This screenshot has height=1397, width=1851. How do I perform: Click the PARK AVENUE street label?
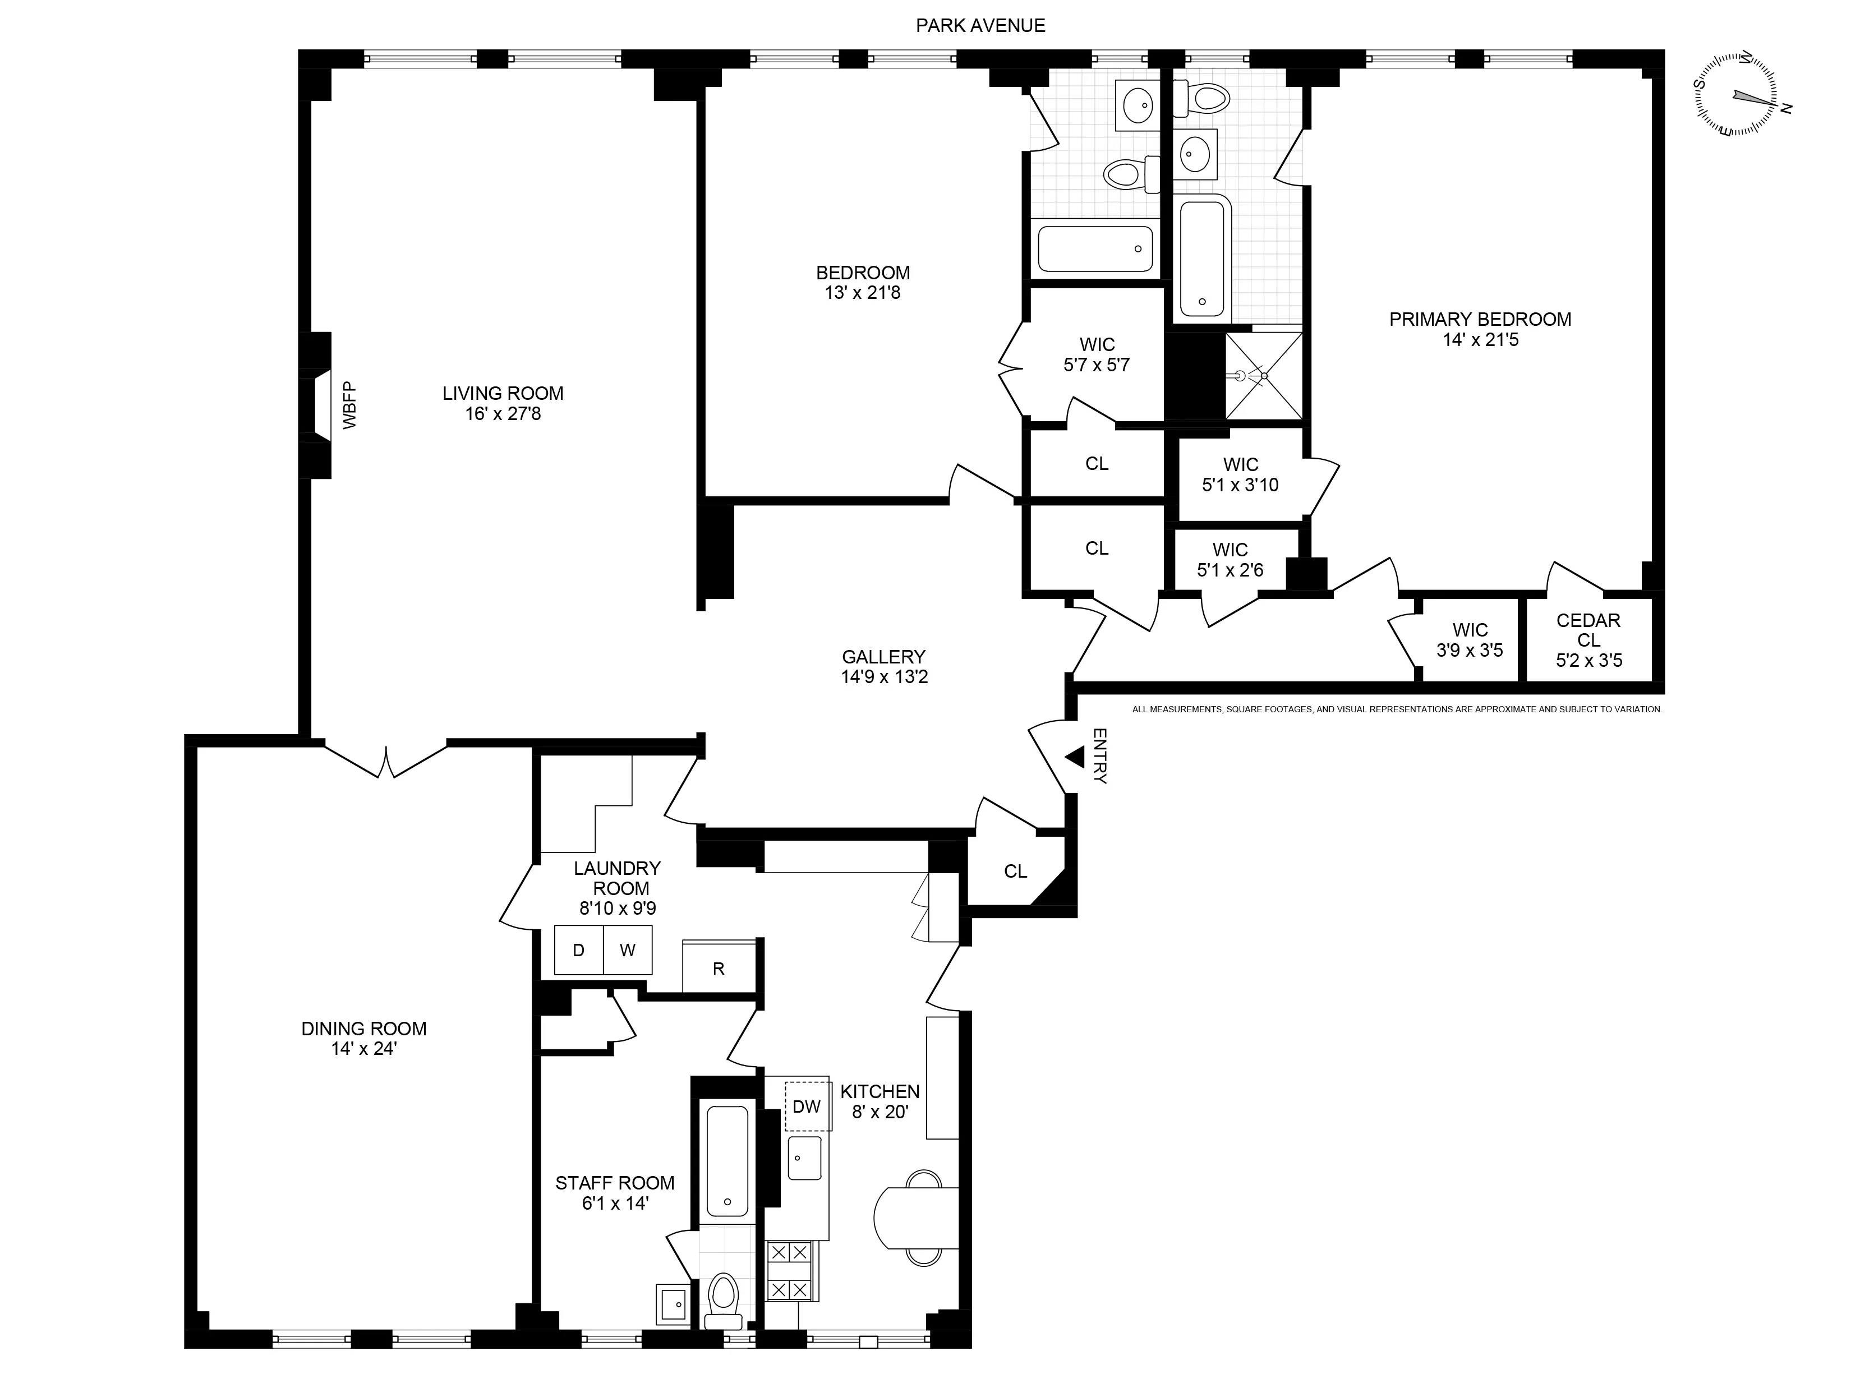pyautogui.click(x=980, y=26)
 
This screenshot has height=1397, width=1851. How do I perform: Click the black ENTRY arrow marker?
pyautogui.click(x=1075, y=757)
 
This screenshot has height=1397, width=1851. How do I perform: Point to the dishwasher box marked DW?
pyautogui.click(x=807, y=1106)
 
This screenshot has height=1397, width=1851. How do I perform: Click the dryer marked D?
pyautogui.click(x=578, y=949)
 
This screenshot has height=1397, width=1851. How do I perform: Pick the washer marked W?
pyautogui.click(x=628, y=949)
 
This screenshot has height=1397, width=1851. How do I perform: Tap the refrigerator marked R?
pyautogui.click(x=718, y=968)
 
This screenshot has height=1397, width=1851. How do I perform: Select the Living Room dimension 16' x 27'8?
pyautogui.click(x=503, y=413)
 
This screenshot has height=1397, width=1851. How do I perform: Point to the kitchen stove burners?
pyautogui.click(x=790, y=1271)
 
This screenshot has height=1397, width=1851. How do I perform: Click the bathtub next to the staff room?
pyautogui.click(x=727, y=1160)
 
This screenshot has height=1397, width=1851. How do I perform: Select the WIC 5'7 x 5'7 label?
pyautogui.click(x=1096, y=354)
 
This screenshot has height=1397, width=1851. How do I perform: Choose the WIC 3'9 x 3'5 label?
pyautogui.click(x=1470, y=640)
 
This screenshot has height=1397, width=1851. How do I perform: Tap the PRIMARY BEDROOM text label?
pyautogui.click(x=1480, y=319)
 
